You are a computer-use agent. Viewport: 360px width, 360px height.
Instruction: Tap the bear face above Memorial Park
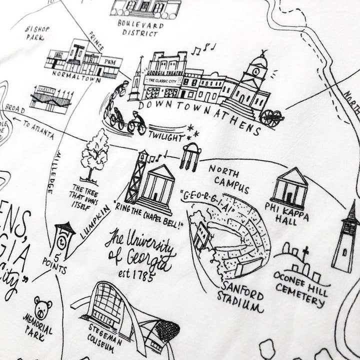click(42, 308)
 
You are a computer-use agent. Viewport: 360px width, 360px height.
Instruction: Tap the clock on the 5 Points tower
click(61, 241)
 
